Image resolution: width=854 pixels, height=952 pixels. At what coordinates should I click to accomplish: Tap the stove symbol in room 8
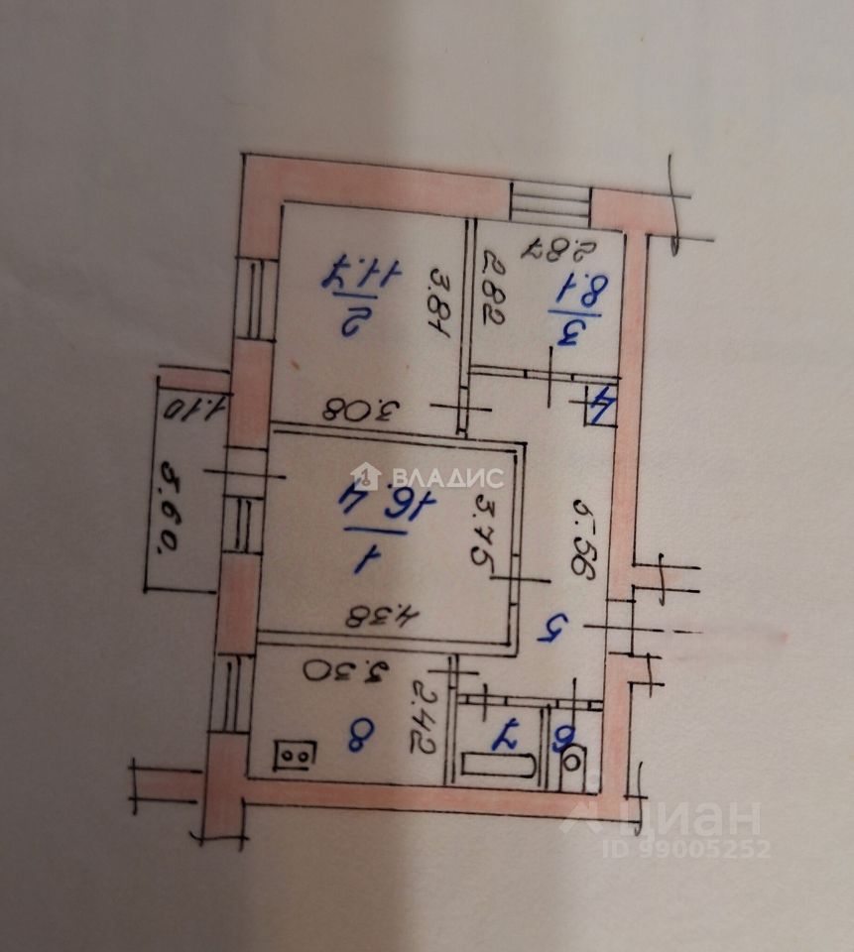[x=296, y=756]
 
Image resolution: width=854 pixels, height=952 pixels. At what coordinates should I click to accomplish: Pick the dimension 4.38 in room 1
[x=381, y=616]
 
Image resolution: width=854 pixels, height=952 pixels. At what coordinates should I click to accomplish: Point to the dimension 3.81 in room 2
[x=437, y=304]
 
